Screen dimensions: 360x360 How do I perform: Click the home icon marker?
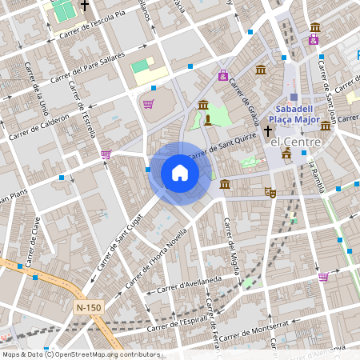click(x=180, y=173)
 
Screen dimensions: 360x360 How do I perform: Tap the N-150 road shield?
click(x=89, y=307)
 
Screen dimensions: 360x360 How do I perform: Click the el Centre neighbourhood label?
click(x=295, y=142)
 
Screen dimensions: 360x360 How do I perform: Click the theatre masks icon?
click(x=270, y=192)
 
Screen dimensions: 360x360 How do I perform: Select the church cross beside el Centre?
click(x=267, y=130)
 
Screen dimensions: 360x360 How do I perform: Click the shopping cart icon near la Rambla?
click(x=323, y=277)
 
